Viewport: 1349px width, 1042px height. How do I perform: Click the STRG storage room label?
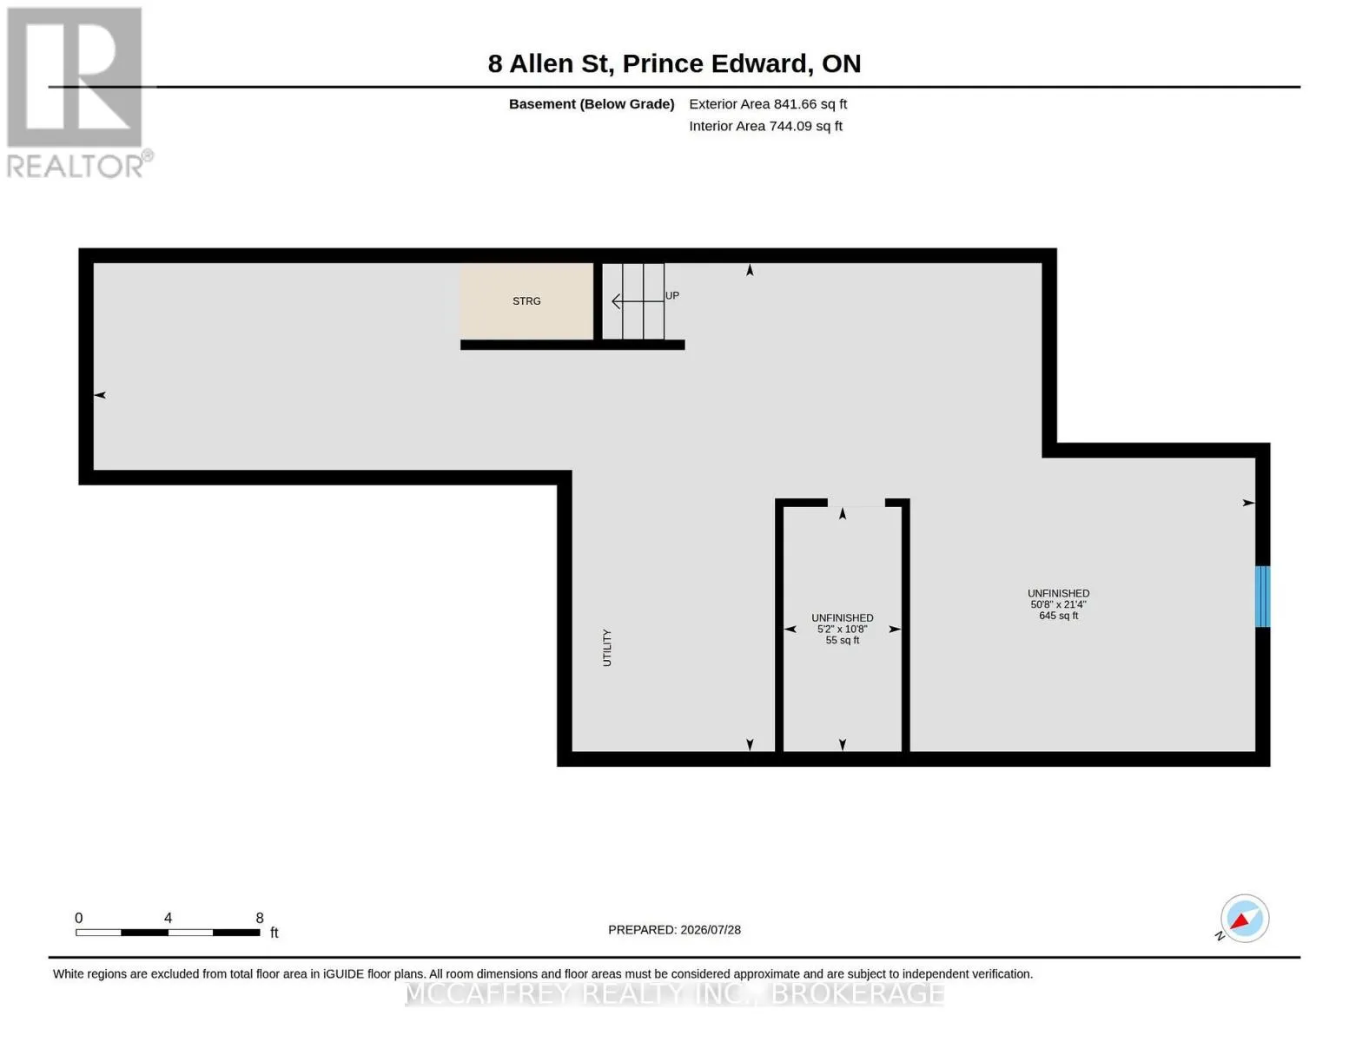(x=526, y=301)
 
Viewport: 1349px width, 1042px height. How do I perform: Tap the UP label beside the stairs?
(x=671, y=295)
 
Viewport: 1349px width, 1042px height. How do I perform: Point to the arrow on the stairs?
(x=638, y=301)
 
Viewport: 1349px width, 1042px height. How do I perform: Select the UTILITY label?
(x=606, y=648)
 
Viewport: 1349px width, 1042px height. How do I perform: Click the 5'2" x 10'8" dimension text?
(x=842, y=629)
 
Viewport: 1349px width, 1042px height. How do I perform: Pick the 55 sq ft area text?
(x=842, y=640)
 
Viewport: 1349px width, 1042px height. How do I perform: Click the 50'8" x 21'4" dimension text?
(x=1058, y=603)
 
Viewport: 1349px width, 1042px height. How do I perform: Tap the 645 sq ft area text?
(x=1058, y=615)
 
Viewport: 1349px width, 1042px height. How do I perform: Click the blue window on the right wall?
(x=1262, y=596)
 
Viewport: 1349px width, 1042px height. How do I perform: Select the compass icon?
(x=1244, y=919)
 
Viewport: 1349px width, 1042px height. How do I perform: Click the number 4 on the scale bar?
(x=168, y=917)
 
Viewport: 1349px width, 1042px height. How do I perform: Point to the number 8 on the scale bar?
(x=260, y=917)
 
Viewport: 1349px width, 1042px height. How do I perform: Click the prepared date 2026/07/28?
(x=711, y=930)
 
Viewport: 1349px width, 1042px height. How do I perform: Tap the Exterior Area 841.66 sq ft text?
(x=767, y=103)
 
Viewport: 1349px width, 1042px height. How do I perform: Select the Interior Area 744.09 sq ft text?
(x=764, y=126)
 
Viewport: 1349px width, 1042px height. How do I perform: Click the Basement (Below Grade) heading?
(x=591, y=103)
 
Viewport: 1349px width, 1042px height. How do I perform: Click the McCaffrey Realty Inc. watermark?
(x=674, y=993)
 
